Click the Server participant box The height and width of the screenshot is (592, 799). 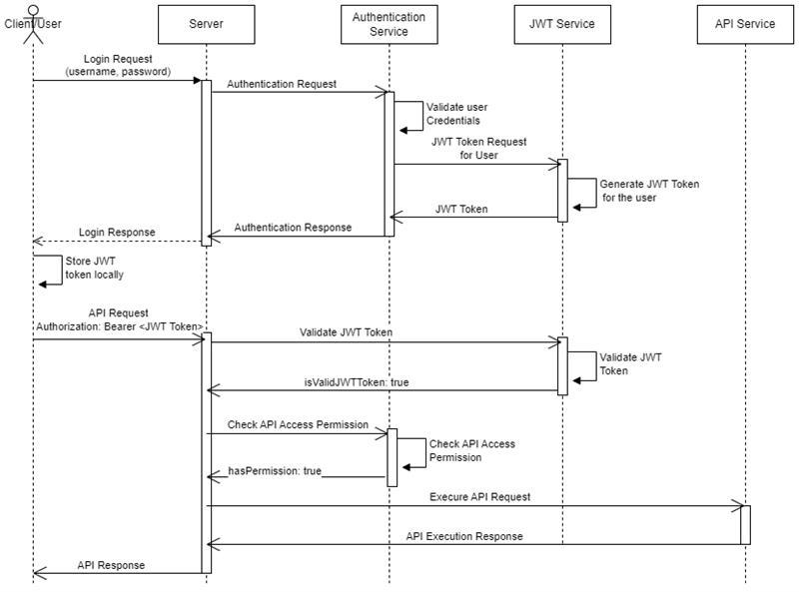[x=205, y=24]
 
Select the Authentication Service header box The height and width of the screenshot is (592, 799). [x=389, y=24]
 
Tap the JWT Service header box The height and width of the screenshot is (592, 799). [x=561, y=24]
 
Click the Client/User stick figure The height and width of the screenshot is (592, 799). [x=33, y=24]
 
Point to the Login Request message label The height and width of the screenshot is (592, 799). [x=118, y=65]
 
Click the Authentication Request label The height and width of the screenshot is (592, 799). [x=281, y=85]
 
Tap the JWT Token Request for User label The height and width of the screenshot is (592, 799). [x=478, y=148]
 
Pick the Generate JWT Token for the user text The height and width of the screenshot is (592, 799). [x=649, y=191]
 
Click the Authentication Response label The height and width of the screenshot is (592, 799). [x=293, y=228]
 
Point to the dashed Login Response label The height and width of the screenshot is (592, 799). [x=117, y=233]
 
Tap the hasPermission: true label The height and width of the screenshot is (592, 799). [x=275, y=469]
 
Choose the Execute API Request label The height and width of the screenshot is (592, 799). [x=479, y=496]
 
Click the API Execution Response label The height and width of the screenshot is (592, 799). [x=463, y=536]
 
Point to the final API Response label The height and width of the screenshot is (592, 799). [x=111, y=565]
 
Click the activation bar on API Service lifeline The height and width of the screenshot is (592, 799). [x=745, y=524]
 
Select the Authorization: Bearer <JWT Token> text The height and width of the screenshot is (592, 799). [x=120, y=326]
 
